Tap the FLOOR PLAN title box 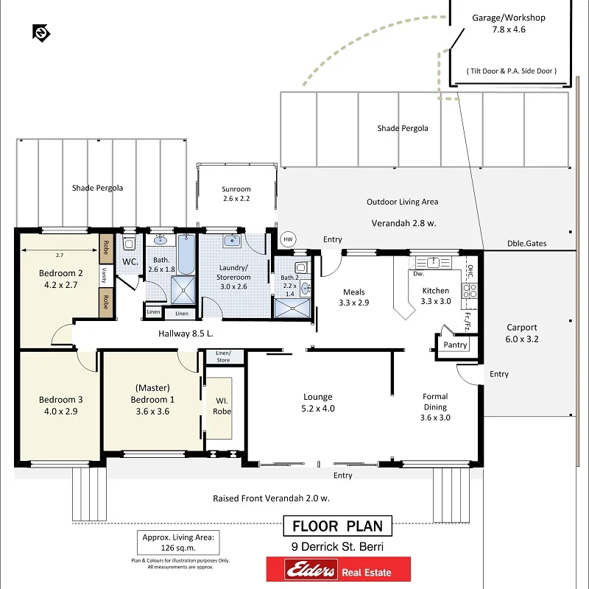[x=338, y=526]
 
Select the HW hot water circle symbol [x=288, y=239]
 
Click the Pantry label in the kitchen [x=456, y=345]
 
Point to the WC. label [x=130, y=261]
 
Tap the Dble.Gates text [x=526, y=244]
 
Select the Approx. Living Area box [x=177, y=543]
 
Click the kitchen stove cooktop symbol [x=469, y=290]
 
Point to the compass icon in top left [x=41, y=32]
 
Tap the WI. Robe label [x=222, y=406]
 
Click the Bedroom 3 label [x=60, y=406]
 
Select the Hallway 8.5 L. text [x=186, y=334]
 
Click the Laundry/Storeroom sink [x=233, y=240]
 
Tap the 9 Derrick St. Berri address [x=338, y=546]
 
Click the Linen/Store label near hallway [x=223, y=356]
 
